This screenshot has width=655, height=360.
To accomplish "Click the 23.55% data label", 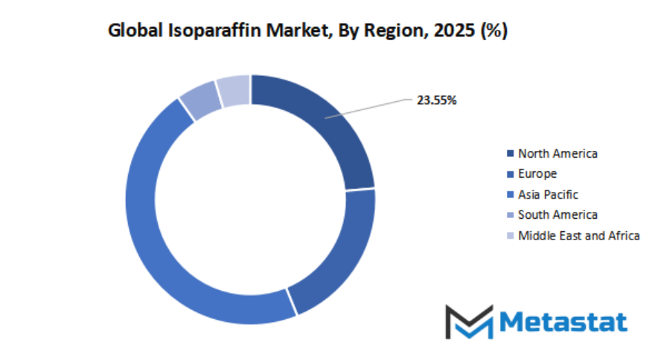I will click(436, 100).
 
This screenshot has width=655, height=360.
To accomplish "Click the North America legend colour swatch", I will click(510, 154).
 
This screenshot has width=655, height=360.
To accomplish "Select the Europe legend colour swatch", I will click(510, 174).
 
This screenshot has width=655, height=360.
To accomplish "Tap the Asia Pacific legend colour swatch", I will click(510, 195).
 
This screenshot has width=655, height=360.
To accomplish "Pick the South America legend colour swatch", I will click(510, 215).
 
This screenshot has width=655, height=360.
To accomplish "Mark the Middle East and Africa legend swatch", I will click(510, 236).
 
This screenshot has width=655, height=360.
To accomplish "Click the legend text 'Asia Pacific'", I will click(548, 195).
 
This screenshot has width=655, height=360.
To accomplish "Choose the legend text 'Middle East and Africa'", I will click(579, 236).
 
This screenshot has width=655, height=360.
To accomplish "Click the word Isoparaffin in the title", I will click(208, 31).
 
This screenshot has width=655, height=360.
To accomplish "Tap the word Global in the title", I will click(132, 31).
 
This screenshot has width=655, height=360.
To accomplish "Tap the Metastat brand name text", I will click(563, 321).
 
